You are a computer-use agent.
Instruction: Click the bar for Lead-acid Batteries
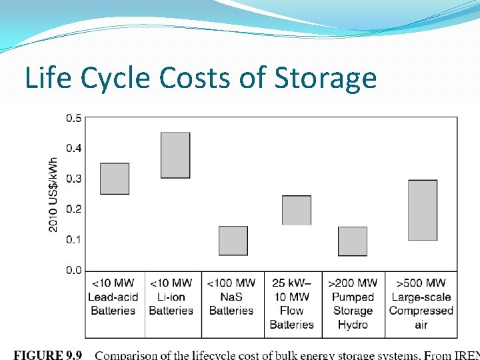(x=115, y=179)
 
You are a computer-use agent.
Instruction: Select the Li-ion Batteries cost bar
(x=175, y=155)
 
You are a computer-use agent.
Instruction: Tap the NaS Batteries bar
(x=233, y=241)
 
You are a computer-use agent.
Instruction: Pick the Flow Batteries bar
(x=297, y=210)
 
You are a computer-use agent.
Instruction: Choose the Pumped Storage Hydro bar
(x=353, y=241)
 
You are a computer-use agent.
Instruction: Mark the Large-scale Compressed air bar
(x=423, y=210)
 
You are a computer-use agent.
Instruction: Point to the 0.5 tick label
(x=74, y=118)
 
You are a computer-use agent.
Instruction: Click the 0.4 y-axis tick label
(x=74, y=148)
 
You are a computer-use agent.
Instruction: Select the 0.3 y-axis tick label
(x=74, y=179)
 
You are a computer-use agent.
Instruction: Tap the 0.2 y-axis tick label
(x=74, y=209)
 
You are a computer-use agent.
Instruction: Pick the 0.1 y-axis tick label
(x=74, y=239)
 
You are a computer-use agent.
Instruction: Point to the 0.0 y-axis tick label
(x=74, y=270)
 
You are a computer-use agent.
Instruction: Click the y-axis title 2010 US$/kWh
(x=53, y=194)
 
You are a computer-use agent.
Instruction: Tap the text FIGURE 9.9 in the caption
(x=48, y=355)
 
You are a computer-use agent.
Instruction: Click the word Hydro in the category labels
(x=353, y=325)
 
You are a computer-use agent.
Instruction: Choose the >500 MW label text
(x=421, y=283)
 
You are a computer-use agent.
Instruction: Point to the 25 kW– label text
(x=291, y=283)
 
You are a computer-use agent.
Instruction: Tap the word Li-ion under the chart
(x=171, y=297)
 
